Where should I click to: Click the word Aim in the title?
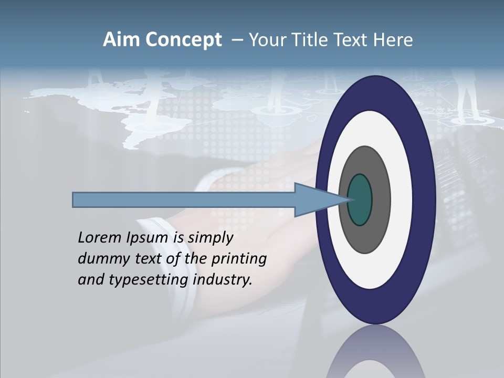pyautogui.click(x=122, y=40)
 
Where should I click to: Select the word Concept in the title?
pyautogui.click(x=183, y=40)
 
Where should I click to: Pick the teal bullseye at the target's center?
pyautogui.click(x=360, y=199)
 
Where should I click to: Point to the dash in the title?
pyautogui.click(x=237, y=40)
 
